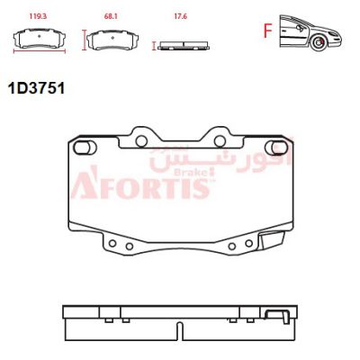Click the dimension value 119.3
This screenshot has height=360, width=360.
point(38,16)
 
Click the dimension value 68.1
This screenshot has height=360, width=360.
point(111,16)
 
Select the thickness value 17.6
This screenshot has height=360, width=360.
point(180,16)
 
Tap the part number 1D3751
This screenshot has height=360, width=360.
point(36,88)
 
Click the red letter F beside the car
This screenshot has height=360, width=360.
point(267,31)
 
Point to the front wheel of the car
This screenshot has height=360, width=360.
point(319,43)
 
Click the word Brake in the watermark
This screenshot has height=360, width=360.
point(193,173)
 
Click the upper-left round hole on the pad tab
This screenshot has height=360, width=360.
point(141,141)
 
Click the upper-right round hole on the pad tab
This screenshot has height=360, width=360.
point(220,141)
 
